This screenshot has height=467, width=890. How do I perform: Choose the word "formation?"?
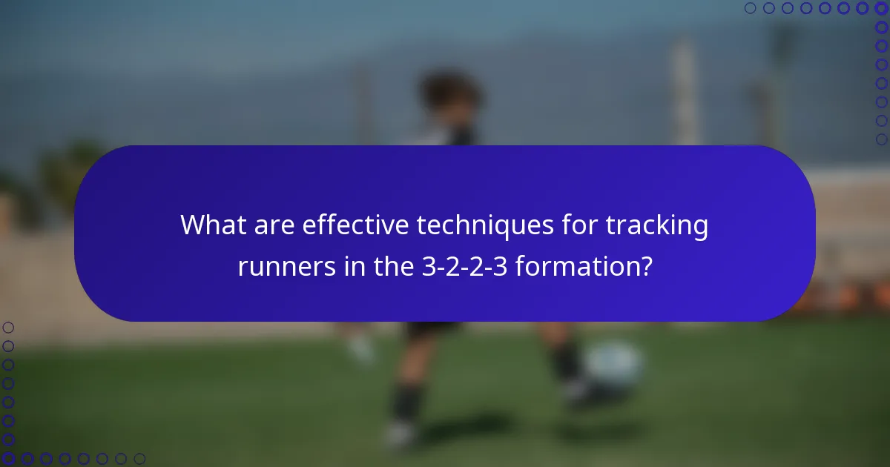click(x=584, y=265)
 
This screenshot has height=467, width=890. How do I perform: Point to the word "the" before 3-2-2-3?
click(x=383, y=265)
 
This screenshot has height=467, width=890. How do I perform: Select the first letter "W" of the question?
click(x=194, y=225)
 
